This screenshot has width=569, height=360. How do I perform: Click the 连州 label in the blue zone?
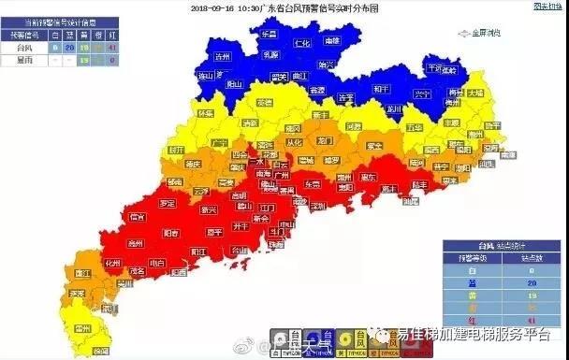click(222, 57)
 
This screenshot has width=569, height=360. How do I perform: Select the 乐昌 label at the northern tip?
click(270, 34)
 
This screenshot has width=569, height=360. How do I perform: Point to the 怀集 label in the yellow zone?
click(206, 113)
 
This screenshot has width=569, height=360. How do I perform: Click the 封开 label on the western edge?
click(175, 149)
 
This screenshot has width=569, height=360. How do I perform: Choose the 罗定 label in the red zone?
click(168, 202)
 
